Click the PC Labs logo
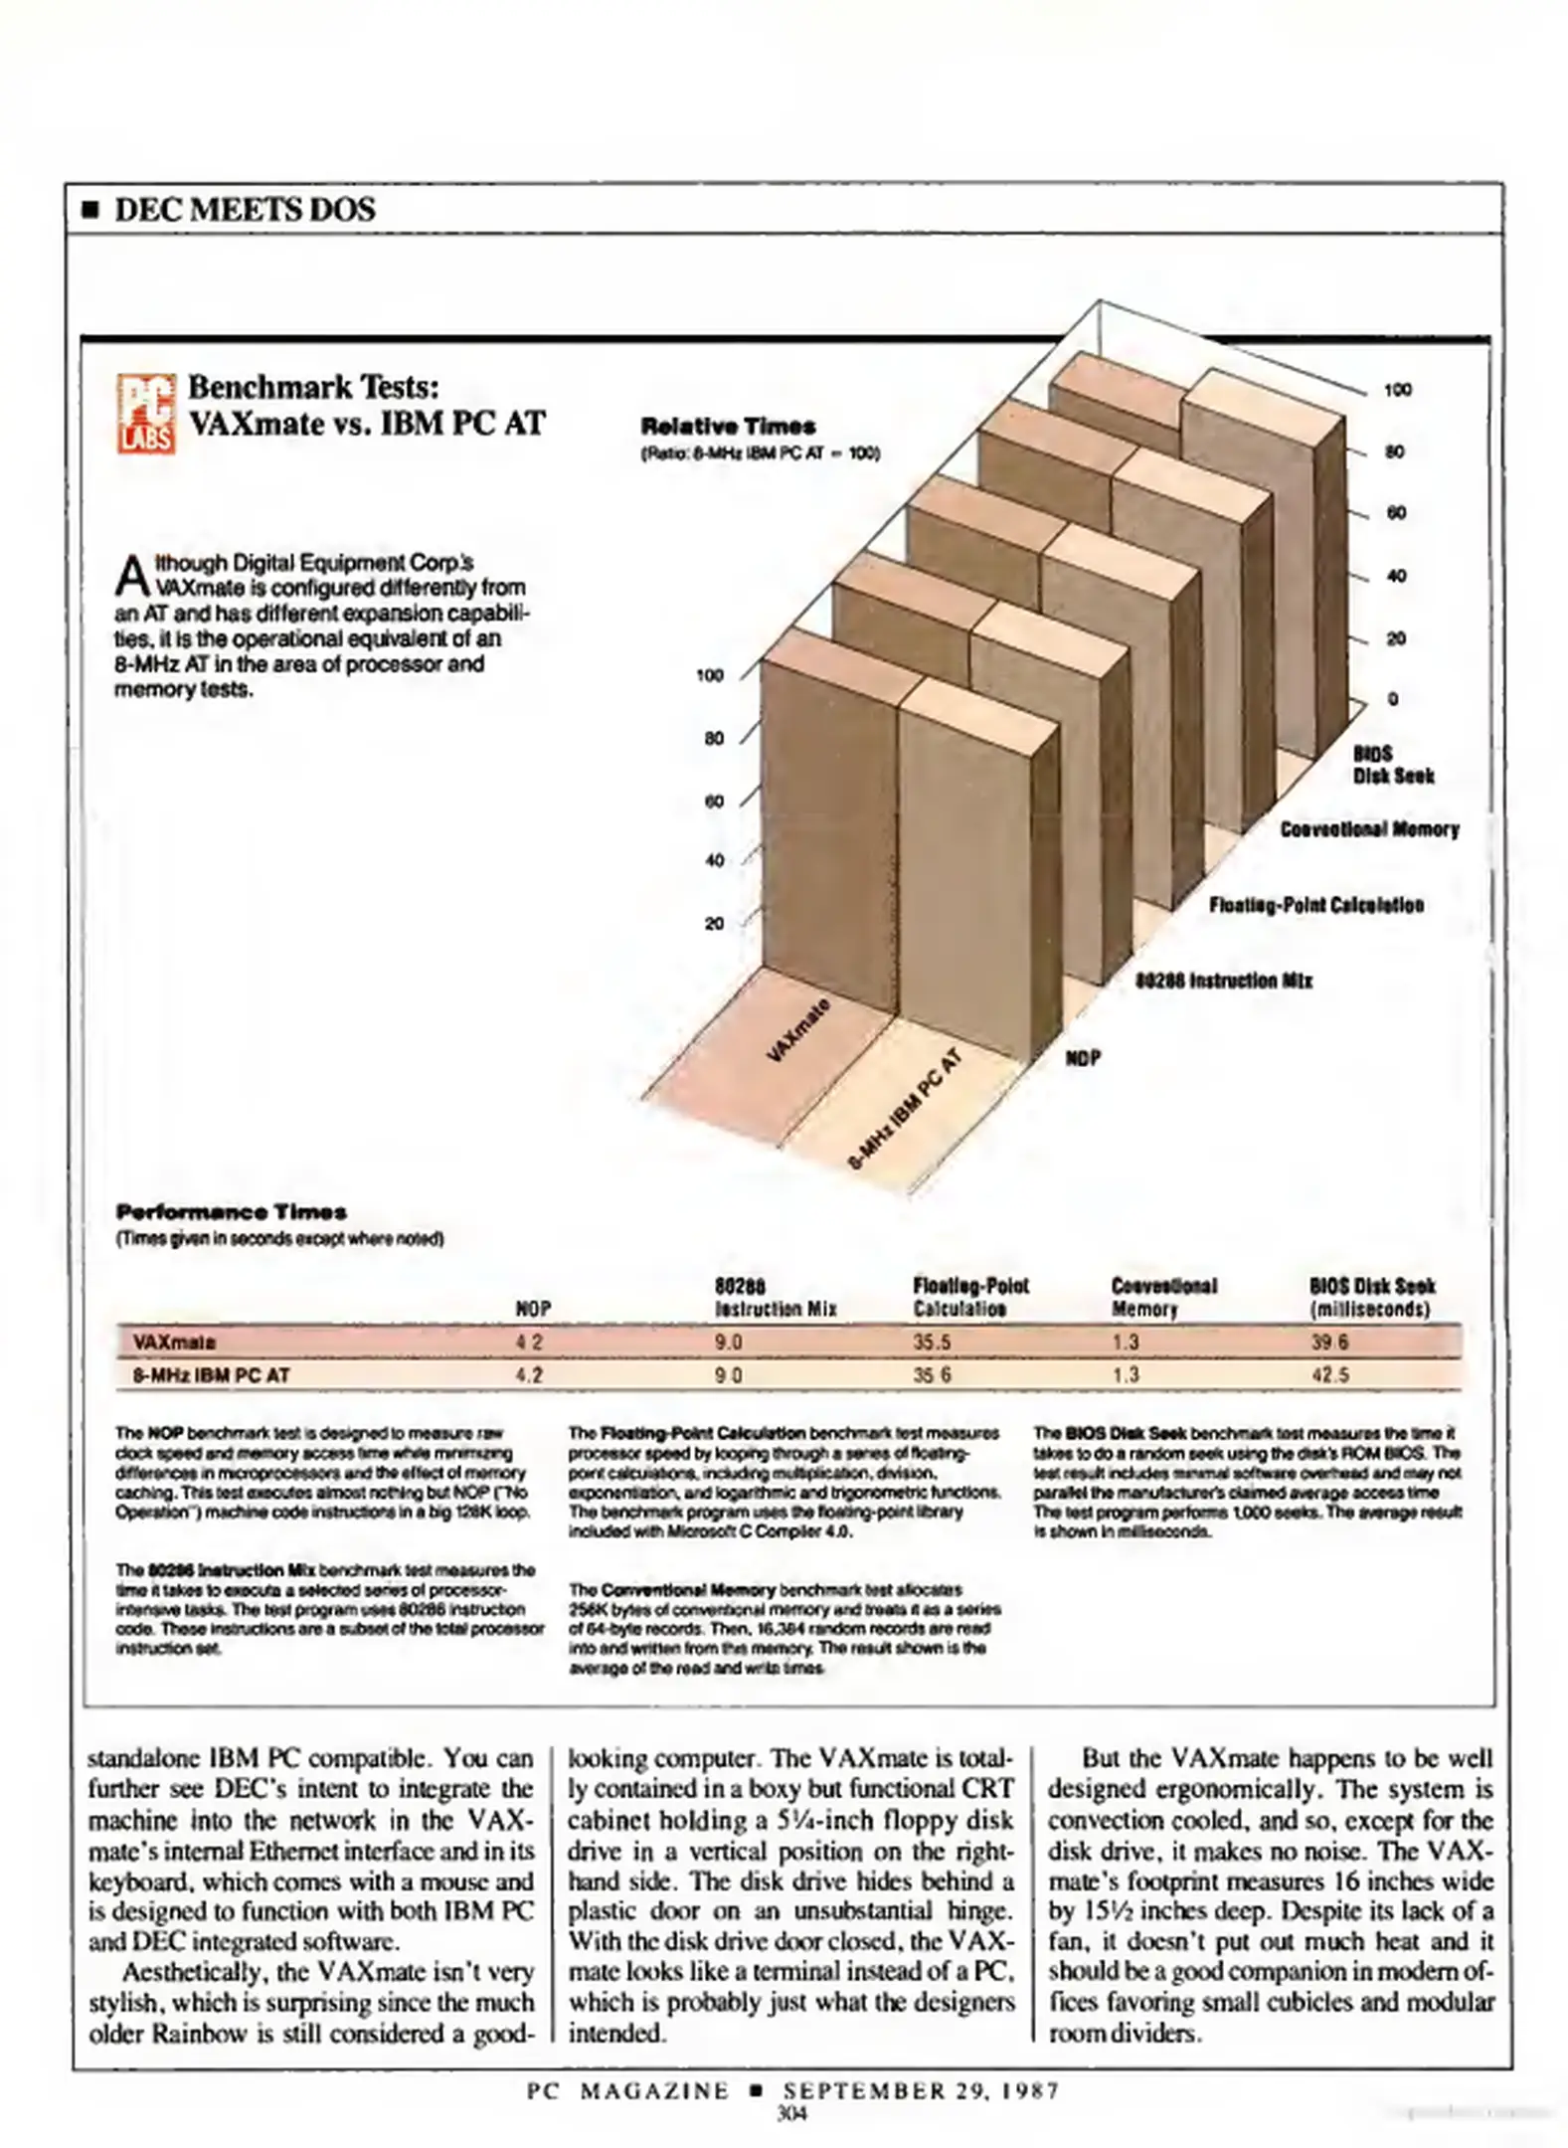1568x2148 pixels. point(146,413)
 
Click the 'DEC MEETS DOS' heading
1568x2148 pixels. point(244,210)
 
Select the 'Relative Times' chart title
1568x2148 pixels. point(728,427)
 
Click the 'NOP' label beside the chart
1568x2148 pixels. point(1083,1058)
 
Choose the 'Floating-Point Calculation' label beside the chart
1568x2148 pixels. point(1315,905)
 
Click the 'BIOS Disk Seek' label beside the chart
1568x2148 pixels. point(1392,765)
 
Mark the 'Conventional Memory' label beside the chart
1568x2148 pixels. point(1369,829)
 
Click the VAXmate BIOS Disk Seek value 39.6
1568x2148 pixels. point(1329,1342)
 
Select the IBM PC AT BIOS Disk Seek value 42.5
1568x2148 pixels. point(1329,1375)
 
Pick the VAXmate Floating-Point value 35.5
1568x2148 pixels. point(932,1342)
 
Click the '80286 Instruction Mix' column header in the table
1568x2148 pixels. point(776,1298)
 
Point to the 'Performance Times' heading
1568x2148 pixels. point(231,1212)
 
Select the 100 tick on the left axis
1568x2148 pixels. point(709,676)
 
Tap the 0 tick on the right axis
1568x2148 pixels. point(1393,699)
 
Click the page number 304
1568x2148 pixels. point(791,2113)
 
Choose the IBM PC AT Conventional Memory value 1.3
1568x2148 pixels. point(1126,1375)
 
